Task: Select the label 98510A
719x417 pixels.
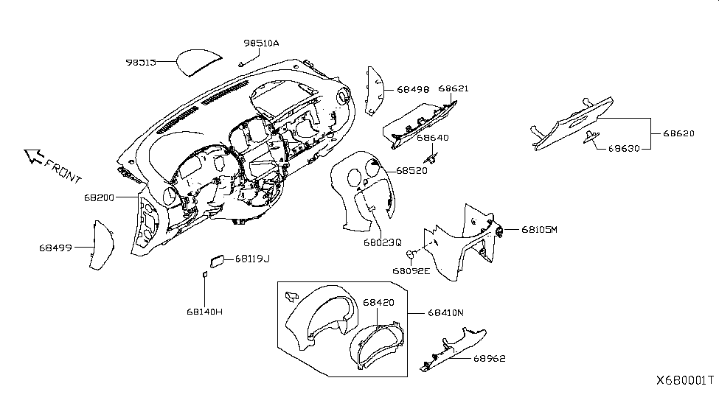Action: click(261, 43)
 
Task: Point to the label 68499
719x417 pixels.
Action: click(55, 248)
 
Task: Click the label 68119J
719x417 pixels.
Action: click(252, 259)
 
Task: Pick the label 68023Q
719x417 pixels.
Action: click(382, 241)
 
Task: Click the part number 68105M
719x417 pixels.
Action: click(540, 229)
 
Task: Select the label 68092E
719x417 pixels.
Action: click(411, 270)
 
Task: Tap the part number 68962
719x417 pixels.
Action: click(487, 359)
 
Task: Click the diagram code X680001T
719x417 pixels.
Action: click(685, 381)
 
